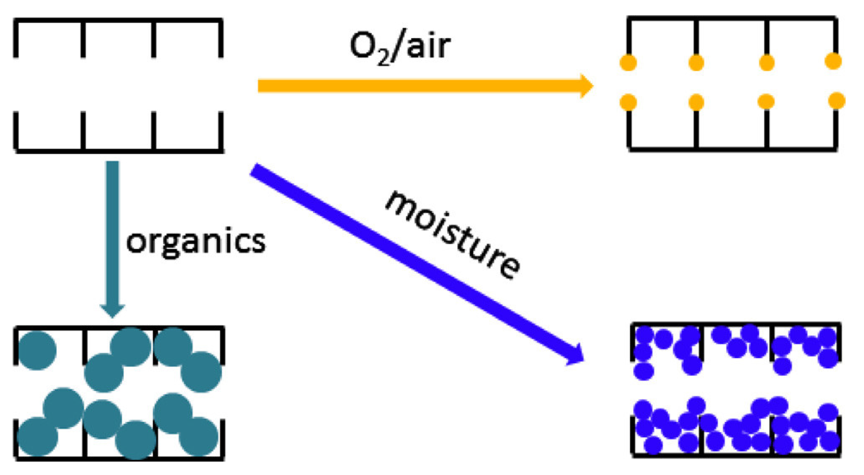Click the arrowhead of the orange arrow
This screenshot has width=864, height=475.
(586, 86)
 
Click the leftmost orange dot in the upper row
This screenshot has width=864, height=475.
(628, 63)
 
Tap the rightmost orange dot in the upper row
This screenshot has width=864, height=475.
(833, 61)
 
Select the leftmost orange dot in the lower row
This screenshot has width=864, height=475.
(628, 102)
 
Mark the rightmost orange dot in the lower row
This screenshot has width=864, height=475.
(836, 101)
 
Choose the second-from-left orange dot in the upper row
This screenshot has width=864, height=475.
(696, 63)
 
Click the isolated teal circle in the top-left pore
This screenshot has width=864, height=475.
(37, 350)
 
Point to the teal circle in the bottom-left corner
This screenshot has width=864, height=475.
(37, 436)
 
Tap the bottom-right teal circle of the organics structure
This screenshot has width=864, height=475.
(199, 436)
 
